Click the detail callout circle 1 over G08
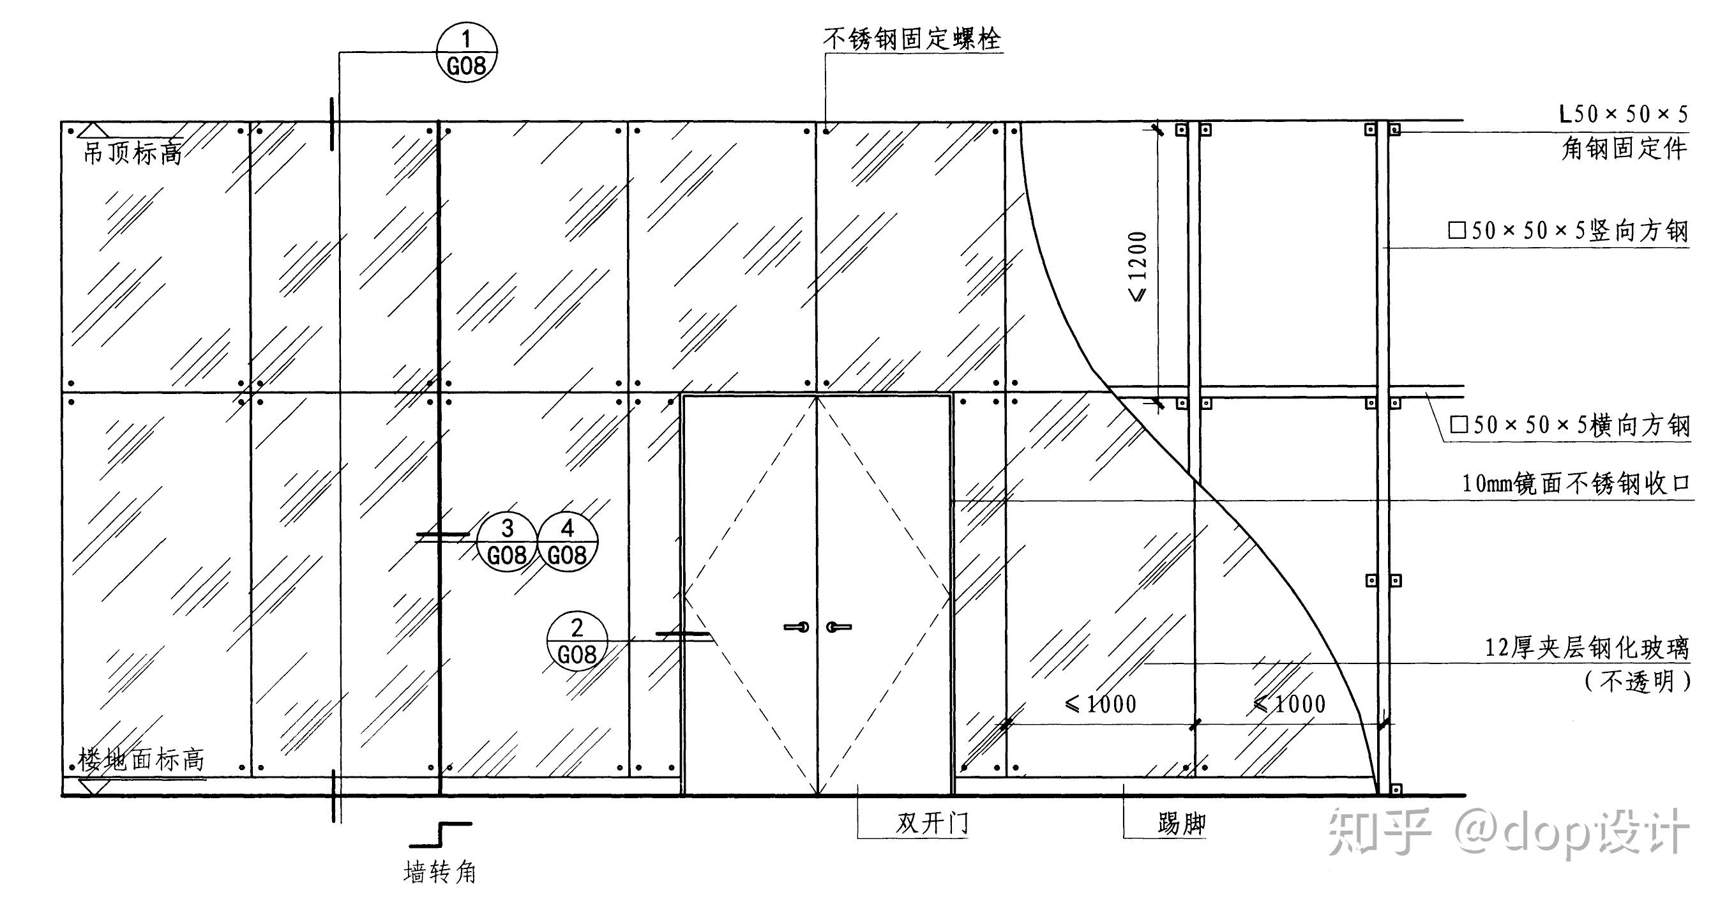tap(467, 52)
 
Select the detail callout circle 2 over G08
tap(577, 641)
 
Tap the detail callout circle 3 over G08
tap(507, 542)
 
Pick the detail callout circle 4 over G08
tap(568, 542)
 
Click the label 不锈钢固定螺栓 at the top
tap(912, 39)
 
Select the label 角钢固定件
tap(1624, 148)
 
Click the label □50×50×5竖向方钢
tap(1568, 231)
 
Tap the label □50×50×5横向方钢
tap(1570, 425)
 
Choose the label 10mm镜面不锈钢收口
tap(1575, 483)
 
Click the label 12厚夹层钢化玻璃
tap(1587, 647)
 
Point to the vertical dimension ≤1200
tap(1138, 266)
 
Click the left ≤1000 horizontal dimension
tap(1101, 704)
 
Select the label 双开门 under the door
tap(931, 823)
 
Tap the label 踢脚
tap(1181, 823)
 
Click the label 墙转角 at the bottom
tap(439, 872)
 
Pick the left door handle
tap(797, 627)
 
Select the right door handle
tap(839, 627)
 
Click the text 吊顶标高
tap(132, 153)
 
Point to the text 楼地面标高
tap(140, 760)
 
